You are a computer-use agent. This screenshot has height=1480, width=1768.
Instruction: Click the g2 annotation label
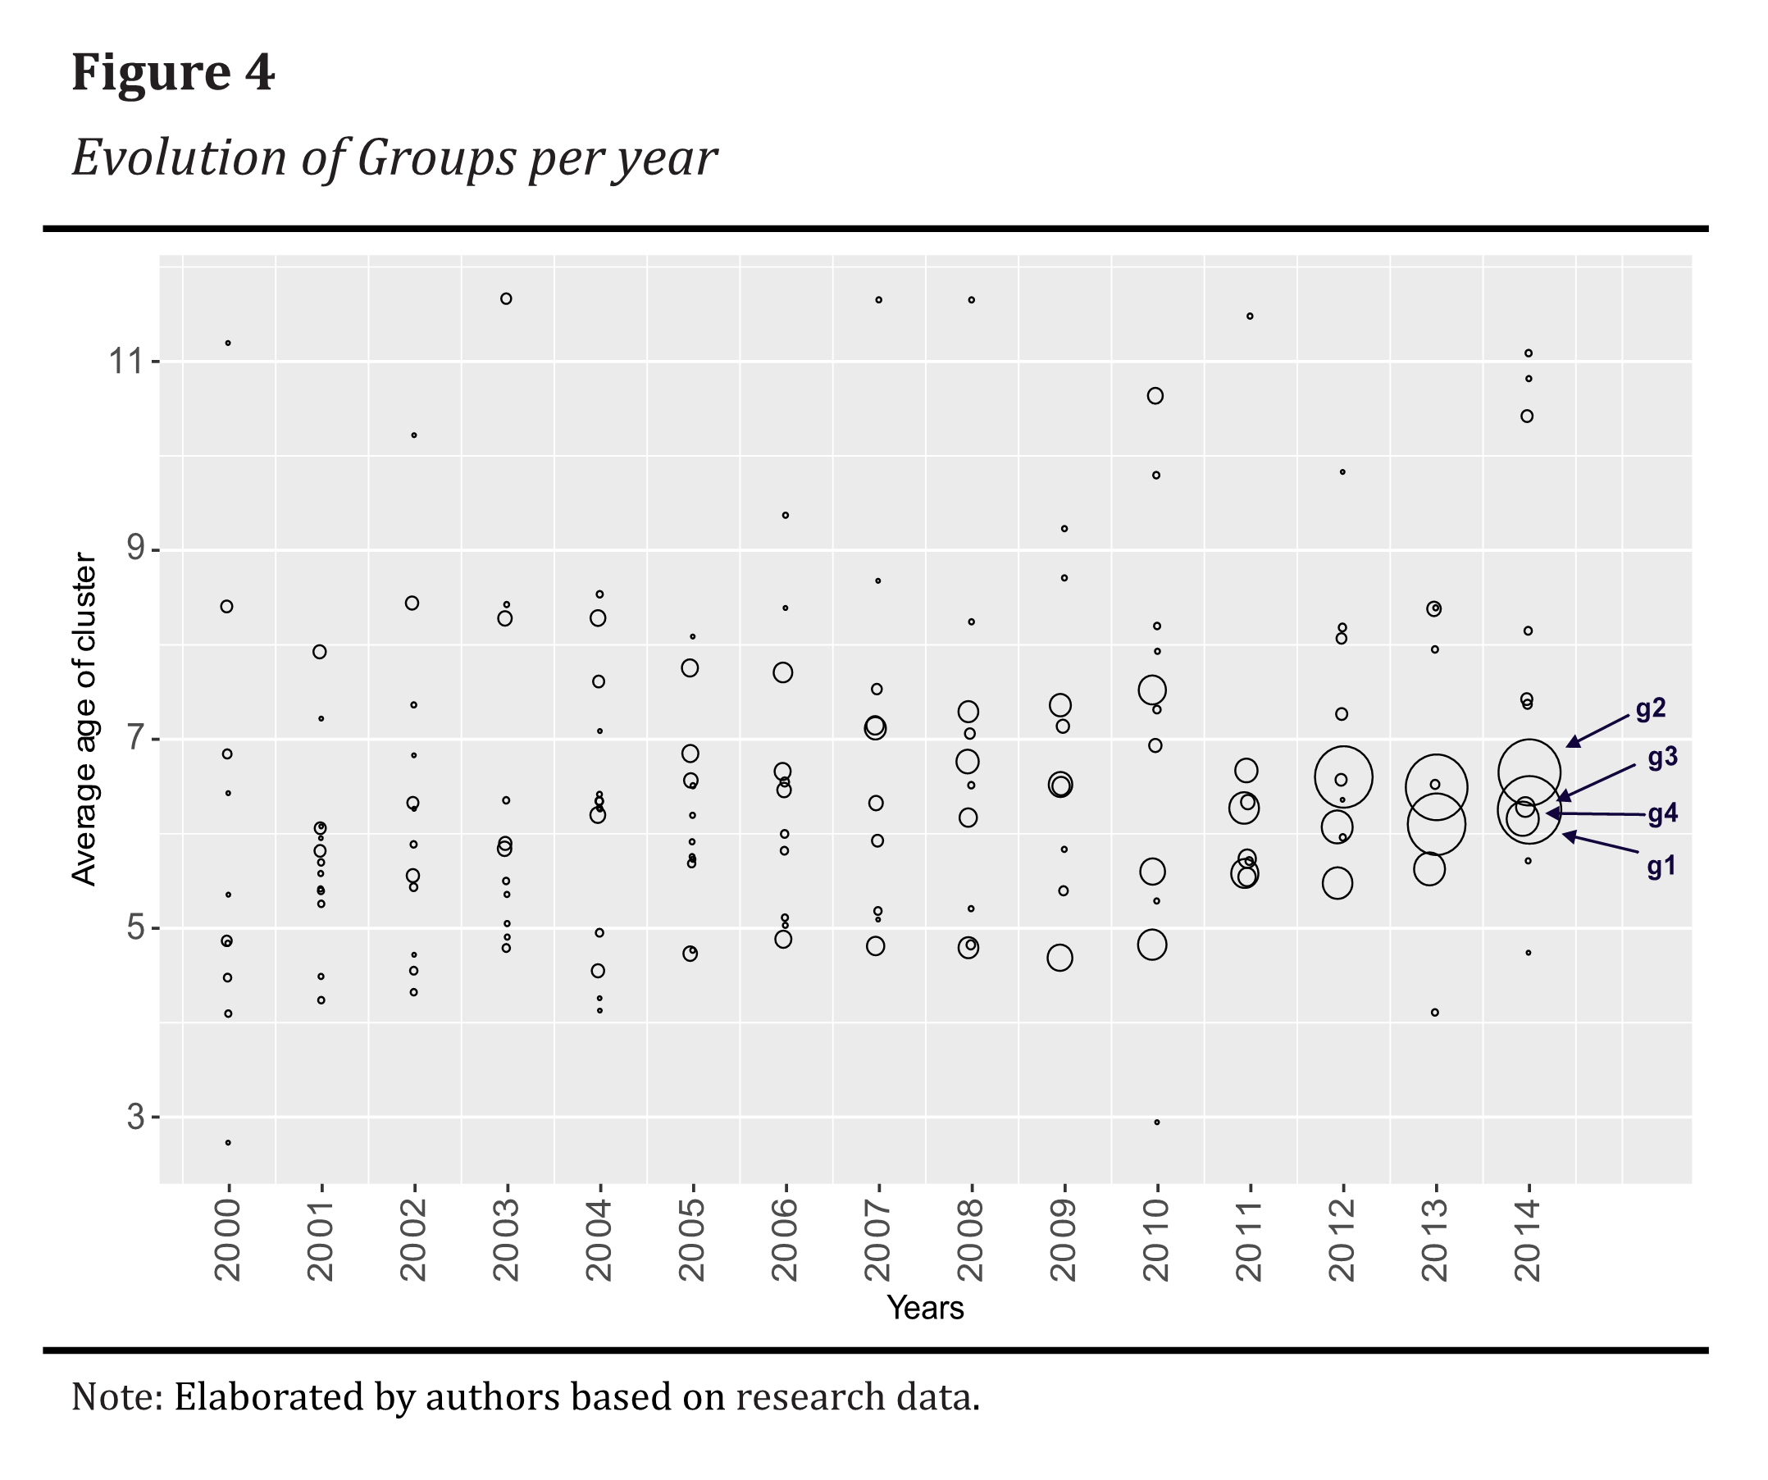pos(1650,709)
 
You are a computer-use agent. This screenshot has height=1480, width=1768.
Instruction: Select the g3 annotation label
pos(1663,758)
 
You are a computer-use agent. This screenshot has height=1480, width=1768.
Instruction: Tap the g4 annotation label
pos(1663,813)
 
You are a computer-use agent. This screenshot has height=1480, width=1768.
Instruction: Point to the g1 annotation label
pos(1661,867)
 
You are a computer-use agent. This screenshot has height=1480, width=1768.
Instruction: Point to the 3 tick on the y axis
pos(136,1117)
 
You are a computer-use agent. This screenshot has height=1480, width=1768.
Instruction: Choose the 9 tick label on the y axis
pos(136,549)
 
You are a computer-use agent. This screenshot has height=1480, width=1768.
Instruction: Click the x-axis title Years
pos(925,1308)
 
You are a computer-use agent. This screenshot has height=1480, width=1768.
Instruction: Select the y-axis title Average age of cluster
pos(84,718)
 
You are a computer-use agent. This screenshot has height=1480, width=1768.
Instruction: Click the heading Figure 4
pos(172,72)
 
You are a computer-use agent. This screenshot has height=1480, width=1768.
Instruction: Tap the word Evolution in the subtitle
pos(179,157)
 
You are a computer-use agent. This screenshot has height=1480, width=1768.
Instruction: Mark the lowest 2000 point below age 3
pos(228,1142)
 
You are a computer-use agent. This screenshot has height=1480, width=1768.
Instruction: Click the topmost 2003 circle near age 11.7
pos(506,298)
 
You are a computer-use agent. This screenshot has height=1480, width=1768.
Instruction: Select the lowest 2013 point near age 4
pos(1435,1013)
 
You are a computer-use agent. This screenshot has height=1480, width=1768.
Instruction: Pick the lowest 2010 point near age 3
pos(1157,1123)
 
